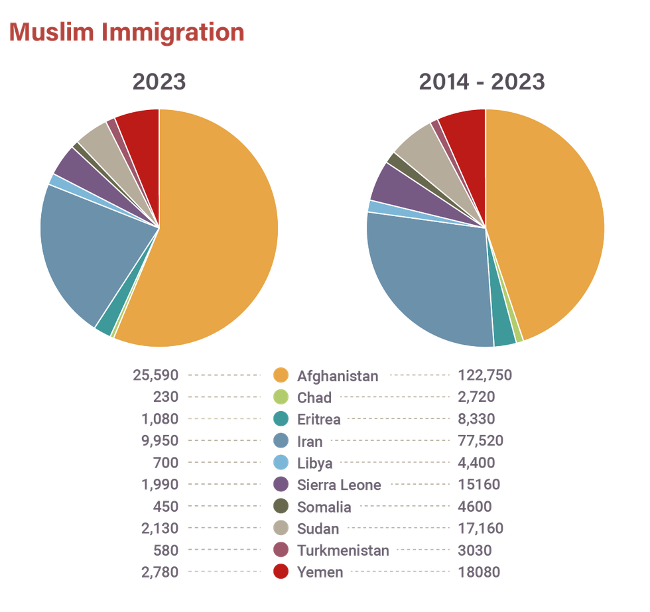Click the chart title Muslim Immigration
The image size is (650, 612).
(126, 32)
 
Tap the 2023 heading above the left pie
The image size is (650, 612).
(159, 82)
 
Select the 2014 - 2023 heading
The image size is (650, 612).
(482, 82)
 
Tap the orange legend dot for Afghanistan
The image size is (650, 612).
(281, 375)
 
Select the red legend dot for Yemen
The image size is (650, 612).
(281, 572)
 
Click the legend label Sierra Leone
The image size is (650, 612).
(339, 485)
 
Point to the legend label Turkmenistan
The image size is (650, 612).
(343, 550)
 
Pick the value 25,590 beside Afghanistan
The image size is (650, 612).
(156, 375)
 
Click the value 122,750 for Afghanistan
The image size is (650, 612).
(485, 375)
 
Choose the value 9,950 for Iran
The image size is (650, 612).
(160, 441)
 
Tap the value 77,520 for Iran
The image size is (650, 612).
(480, 441)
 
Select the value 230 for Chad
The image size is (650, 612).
(165, 397)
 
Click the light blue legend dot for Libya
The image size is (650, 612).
(281, 463)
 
